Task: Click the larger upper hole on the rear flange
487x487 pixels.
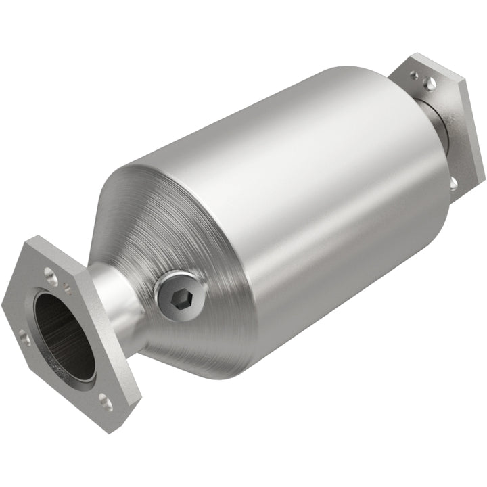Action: pos(429,83)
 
